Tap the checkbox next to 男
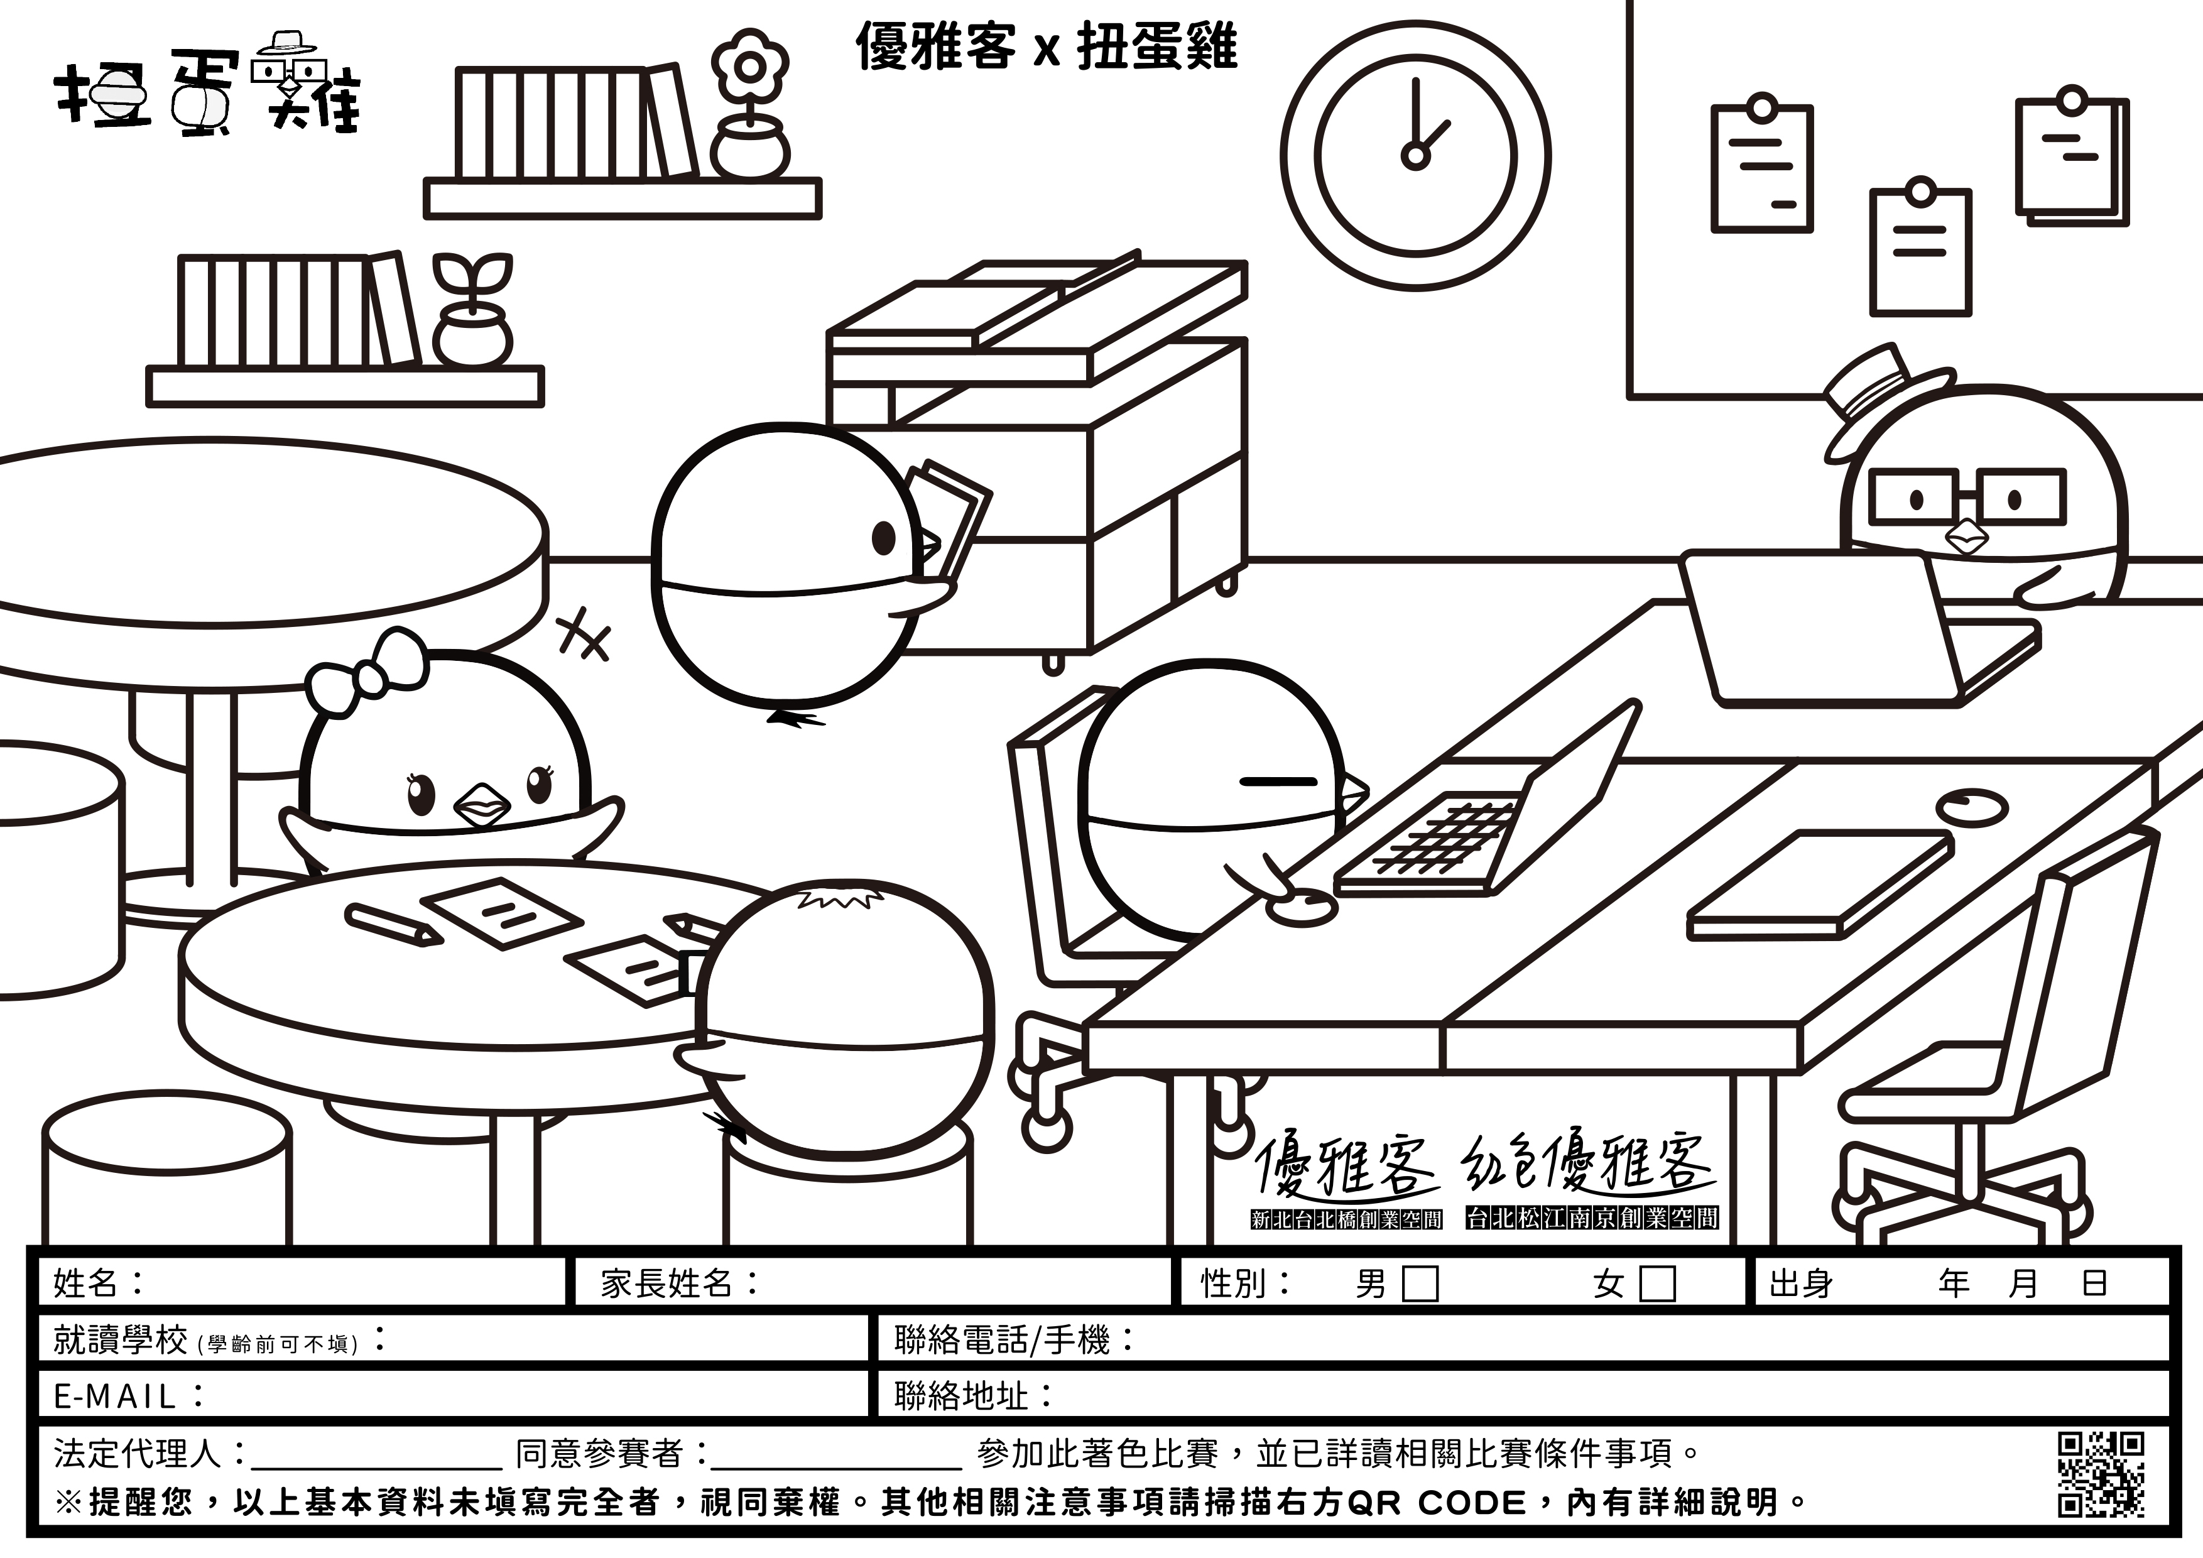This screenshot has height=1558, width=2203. [1420, 1283]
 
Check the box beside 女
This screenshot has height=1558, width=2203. [1657, 1283]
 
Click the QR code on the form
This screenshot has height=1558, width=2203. [2101, 1476]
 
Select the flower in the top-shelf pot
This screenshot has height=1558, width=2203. [749, 67]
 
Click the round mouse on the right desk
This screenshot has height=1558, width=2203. [1971, 806]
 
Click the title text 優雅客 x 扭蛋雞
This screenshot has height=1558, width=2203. [1046, 46]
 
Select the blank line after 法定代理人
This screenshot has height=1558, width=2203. [375, 1456]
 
